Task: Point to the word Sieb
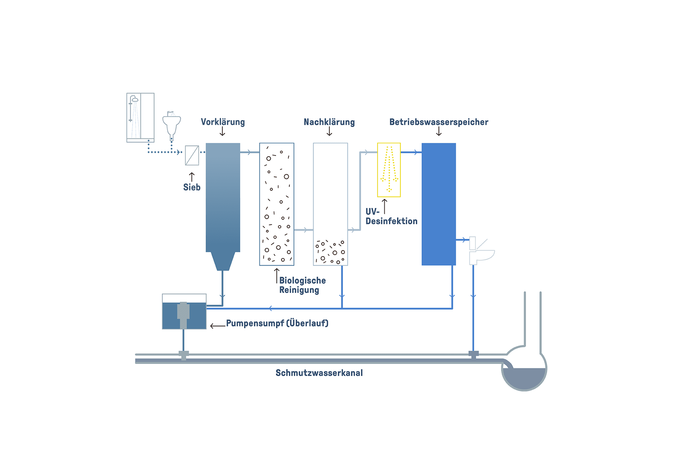tap(192, 187)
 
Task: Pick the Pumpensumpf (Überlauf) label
tap(277, 323)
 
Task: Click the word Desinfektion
tap(391, 221)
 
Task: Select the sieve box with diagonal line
tap(192, 155)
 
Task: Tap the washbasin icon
tap(171, 125)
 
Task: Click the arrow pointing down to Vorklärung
tap(222, 131)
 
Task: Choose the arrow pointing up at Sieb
tap(192, 177)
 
